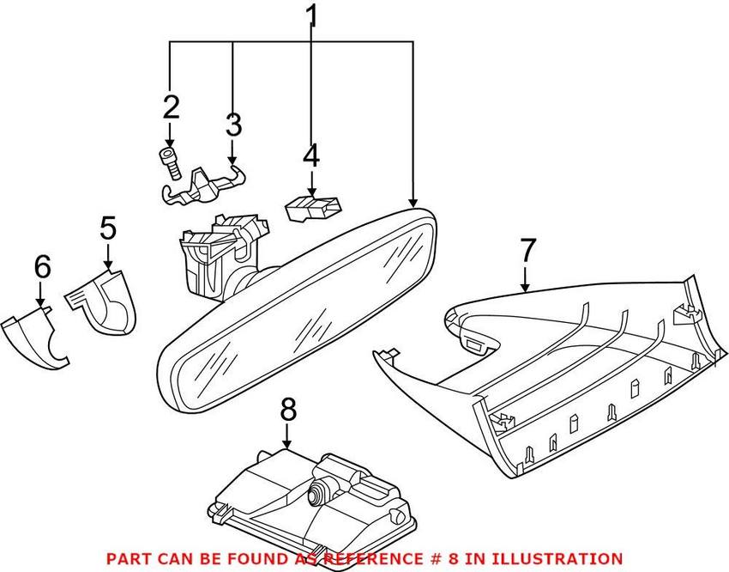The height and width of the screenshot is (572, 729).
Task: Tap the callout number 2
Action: pyautogui.click(x=172, y=108)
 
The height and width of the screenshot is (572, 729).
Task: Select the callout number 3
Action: pyautogui.click(x=233, y=126)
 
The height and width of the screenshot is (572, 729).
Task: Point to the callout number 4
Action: pyautogui.click(x=310, y=157)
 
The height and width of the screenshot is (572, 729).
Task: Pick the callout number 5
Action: pyautogui.click(x=107, y=229)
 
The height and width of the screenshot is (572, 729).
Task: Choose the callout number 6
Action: pyautogui.click(x=42, y=267)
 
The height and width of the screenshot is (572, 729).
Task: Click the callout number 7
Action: pyautogui.click(x=527, y=251)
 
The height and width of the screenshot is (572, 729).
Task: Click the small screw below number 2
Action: pyautogui.click(x=170, y=161)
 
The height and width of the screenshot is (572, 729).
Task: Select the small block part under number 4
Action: pyautogui.click(x=310, y=207)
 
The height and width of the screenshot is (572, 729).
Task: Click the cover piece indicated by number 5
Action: pyautogui.click(x=105, y=300)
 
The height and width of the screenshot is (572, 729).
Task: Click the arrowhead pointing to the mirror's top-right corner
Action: pyautogui.click(x=413, y=198)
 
